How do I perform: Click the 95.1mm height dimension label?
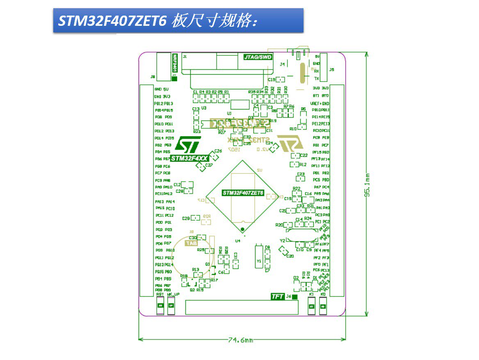[x=368, y=185]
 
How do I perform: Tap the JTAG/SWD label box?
[x=258, y=57]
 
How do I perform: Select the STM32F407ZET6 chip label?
[x=243, y=193]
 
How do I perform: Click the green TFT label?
[x=278, y=296]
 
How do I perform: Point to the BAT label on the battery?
[x=191, y=243]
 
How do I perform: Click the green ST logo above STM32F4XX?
[x=187, y=144]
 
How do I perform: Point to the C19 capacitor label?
[x=271, y=80]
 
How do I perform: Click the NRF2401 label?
[x=175, y=63]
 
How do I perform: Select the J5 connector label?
[x=332, y=70]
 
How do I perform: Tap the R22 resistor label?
[x=297, y=189]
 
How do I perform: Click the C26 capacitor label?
[x=218, y=151]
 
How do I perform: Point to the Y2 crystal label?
[x=282, y=240]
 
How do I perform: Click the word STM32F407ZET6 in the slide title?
[x=112, y=21]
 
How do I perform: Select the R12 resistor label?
[x=303, y=164]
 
